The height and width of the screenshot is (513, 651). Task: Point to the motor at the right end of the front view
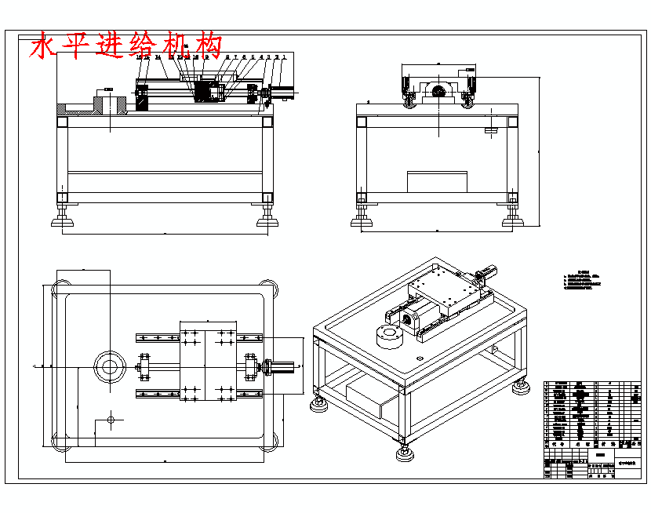click(x=284, y=93)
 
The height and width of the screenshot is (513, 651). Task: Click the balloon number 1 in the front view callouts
click(x=284, y=57)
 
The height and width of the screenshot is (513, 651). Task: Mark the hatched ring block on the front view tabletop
click(x=110, y=104)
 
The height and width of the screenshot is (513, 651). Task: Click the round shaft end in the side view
click(x=437, y=93)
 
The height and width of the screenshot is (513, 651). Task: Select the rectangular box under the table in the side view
click(x=436, y=181)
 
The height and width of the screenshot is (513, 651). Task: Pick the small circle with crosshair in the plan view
click(x=111, y=420)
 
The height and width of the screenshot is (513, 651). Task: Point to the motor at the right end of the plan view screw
click(x=282, y=366)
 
